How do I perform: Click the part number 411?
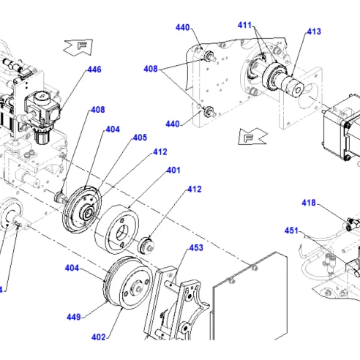pos(244,25)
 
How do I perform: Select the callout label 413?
pos(314,31)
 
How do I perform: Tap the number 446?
pos(94,70)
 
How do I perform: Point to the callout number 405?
pos(140,138)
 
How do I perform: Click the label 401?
pos(173,170)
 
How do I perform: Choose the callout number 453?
pos(196,248)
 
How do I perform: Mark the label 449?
pos(74,317)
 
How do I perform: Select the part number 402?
pos(99,337)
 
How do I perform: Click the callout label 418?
pos(309,203)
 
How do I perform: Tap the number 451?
pos(291,230)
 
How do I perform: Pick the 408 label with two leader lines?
pos(151,69)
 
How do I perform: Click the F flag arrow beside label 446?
pos(78,47)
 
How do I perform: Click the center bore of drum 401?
pos(121,233)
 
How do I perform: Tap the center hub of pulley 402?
pos(138,288)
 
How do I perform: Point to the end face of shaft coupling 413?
pos(298,90)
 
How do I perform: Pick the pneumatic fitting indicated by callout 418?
pos(353,223)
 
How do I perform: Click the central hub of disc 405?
pos(88,213)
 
